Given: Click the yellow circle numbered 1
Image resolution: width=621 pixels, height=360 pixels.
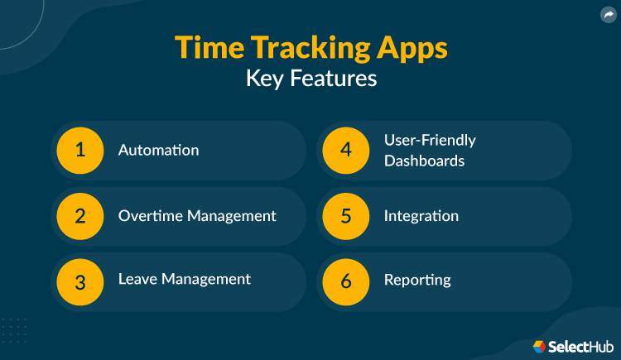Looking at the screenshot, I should pyautogui.click(x=80, y=151).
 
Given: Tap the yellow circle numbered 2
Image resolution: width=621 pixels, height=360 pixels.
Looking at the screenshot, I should pyautogui.click(x=80, y=216).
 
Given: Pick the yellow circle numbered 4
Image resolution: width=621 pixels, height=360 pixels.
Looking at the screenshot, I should pyautogui.click(x=346, y=151).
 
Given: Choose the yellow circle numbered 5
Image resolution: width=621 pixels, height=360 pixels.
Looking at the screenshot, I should pyautogui.click(x=346, y=216).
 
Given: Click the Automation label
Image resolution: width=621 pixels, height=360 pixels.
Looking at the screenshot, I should pyautogui.click(x=158, y=151).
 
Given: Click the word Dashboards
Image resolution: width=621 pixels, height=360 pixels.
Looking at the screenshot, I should pyautogui.click(x=424, y=161).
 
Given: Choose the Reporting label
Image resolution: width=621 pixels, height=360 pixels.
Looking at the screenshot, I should pyautogui.click(x=417, y=281).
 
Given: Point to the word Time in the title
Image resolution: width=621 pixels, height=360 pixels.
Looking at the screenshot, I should pyautogui.click(x=203, y=48).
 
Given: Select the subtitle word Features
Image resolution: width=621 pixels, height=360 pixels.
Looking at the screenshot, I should pyautogui.click(x=335, y=79).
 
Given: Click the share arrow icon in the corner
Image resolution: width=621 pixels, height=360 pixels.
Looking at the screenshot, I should pyautogui.click(x=608, y=14).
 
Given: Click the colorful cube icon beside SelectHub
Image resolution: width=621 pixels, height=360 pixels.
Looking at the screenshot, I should pyautogui.click(x=539, y=345).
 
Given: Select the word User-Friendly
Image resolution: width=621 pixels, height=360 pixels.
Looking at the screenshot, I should pyautogui.click(x=430, y=141).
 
